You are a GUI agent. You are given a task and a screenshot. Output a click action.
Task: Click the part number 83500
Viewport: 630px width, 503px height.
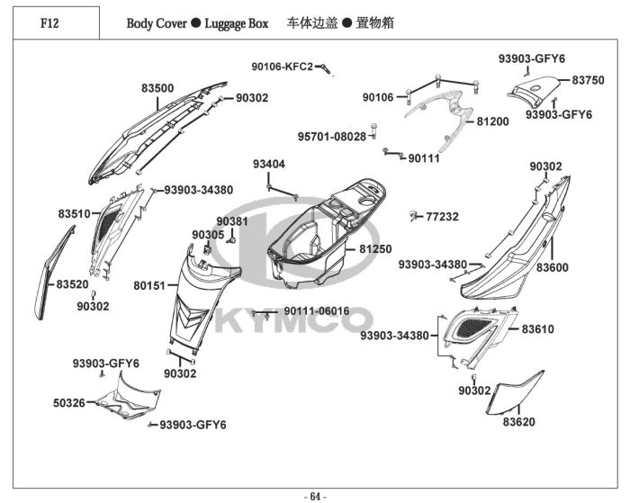pyautogui.click(x=157, y=88)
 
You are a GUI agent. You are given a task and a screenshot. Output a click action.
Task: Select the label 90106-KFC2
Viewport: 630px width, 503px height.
pyautogui.click(x=282, y=67)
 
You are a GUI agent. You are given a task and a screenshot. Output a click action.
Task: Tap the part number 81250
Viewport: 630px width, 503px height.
pyautogui.click(x=375, y=249)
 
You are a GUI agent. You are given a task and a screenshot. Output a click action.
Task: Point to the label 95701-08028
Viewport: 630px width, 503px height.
pyautogui.click(x=332, y=137)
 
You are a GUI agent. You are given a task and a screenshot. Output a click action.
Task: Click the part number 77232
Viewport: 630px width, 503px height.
pyautogui.click(x=442, y=217)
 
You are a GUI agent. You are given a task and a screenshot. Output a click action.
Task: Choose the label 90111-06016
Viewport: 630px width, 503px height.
pyautogui.click(x=317, y=311)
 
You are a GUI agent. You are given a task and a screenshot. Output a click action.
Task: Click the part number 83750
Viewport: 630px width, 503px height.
pyautogui.click(x=588, y=80)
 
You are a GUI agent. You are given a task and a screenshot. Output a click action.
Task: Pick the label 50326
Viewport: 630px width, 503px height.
pyautogui.click(x=69, y=402)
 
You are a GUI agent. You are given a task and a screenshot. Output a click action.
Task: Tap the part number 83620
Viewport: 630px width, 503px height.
pyautogui.click(x=519, y=422)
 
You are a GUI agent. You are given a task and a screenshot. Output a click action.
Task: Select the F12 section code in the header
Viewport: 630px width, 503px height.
pyautogui.click(x=49, y=23)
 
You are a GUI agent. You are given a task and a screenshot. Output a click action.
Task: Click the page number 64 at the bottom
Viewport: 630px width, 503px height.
pyautogui.click(x=315, y=497)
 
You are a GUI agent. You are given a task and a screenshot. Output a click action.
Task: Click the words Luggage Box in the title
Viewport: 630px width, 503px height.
pyautogui.click(x=236, y=23)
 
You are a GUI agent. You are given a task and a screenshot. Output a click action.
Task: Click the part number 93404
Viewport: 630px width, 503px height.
pyautogui.click(x=269, y=165)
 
